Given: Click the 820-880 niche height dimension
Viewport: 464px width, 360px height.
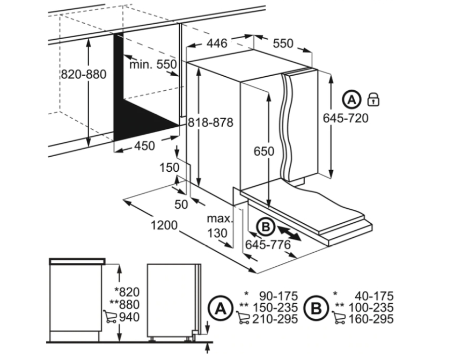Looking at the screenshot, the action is (84, 74).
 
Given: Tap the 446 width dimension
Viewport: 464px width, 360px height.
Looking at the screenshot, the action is (216, 43).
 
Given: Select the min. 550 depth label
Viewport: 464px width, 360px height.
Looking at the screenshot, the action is (153, 64).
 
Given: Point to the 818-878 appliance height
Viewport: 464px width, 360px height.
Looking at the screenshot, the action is (210, 122).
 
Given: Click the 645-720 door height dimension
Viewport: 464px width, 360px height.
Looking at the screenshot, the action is (346, 118).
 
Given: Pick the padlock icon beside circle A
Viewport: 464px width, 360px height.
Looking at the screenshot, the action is (373, 100).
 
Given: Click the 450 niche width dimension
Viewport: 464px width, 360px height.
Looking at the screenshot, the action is (144, 146).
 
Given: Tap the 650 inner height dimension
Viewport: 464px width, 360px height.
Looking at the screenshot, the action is (264, 151).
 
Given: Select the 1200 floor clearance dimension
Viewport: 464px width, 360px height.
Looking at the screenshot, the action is (164, 225).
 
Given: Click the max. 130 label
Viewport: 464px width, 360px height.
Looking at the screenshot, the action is (219, 226).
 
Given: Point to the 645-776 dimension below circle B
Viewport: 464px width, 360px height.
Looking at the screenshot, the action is (268, 245).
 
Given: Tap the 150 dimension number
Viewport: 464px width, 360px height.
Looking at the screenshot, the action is (169, 168).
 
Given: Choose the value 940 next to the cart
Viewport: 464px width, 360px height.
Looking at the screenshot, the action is (129, 317).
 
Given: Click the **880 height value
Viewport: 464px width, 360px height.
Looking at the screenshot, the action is (124, 304).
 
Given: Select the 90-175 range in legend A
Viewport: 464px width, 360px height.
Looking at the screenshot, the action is (279, 296).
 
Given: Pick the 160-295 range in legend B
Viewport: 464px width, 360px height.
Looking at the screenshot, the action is (371, 319).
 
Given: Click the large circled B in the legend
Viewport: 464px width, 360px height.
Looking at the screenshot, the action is (316, 308).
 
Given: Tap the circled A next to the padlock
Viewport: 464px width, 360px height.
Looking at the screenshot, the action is (352, 100).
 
